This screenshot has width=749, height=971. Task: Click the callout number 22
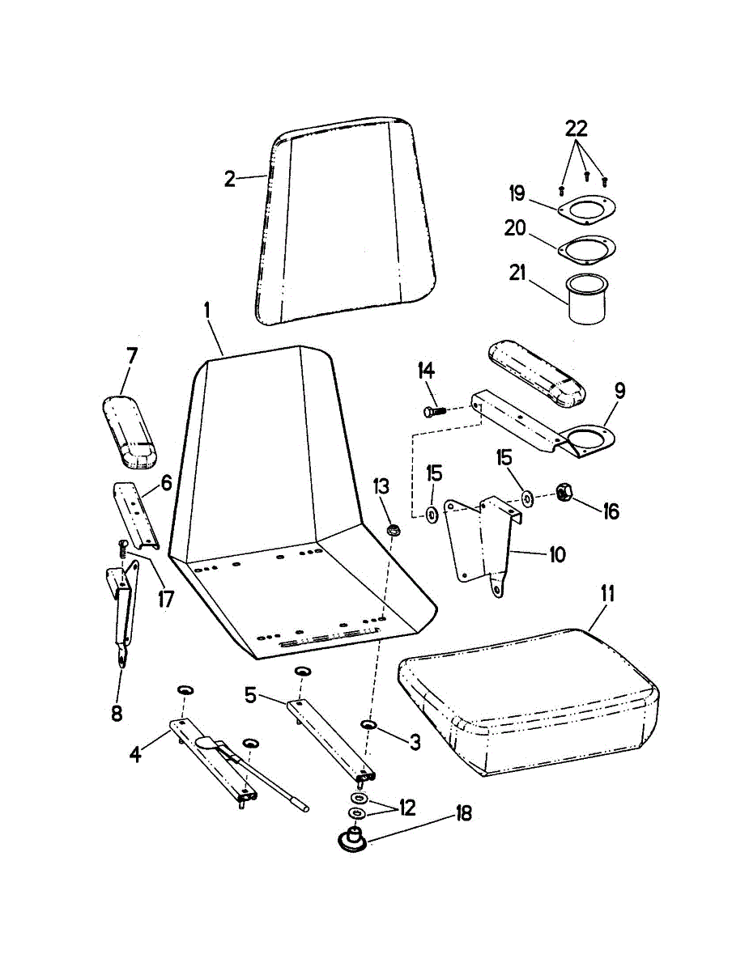(x=576, y=128)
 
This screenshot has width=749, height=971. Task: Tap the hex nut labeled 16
(x=565, y=493)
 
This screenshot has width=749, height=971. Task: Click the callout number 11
(x=607, y=594)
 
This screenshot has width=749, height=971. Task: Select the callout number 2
(x=230, y=179)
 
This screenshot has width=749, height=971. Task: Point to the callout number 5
(x=250, y=693)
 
